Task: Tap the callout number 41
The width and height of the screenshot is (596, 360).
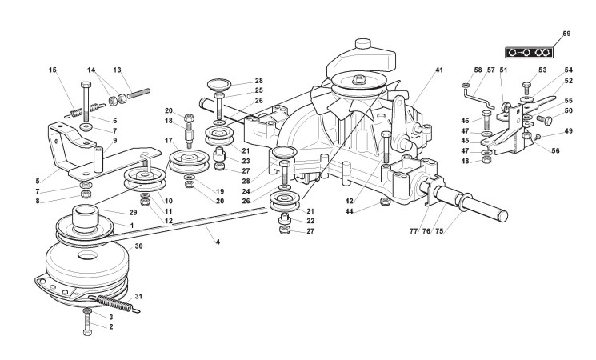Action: pos(439,70)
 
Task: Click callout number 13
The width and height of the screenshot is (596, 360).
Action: pos(117,70)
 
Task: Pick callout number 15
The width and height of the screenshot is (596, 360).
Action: pos(53,70)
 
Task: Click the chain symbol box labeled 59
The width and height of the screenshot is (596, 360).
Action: pos(529,52)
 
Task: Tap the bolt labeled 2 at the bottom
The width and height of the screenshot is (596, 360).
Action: pos(86,330)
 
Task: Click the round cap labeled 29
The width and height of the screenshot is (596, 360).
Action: pos(85,215)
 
